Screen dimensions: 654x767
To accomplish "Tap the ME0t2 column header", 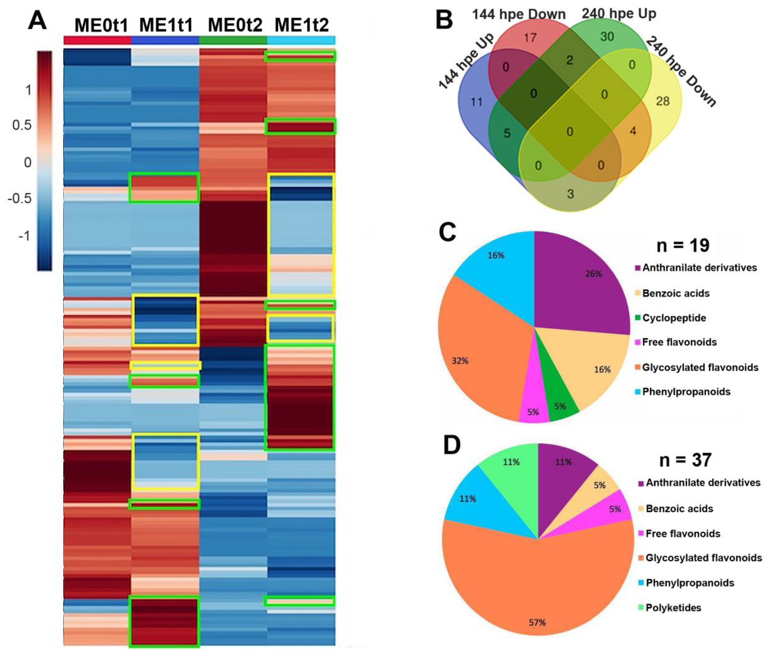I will pyautogui.click(x=235, y=25).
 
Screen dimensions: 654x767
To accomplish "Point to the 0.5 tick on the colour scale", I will pyautogui.click(x=22, y=125).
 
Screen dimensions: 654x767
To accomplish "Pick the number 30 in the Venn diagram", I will pyautogui.click(x=607, y=36).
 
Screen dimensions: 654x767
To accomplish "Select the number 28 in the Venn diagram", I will pyautogui.click(x=662, y=101).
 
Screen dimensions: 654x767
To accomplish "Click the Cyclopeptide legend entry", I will pyautogui.click(x=674, y=318).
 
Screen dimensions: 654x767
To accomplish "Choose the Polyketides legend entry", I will pyautogui.click(x=673, y=608).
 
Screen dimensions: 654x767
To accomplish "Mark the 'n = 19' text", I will pyautogui.click(x=683, y=245).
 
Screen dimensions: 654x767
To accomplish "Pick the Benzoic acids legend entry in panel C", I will pyautogui.click(x=676, y=293).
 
